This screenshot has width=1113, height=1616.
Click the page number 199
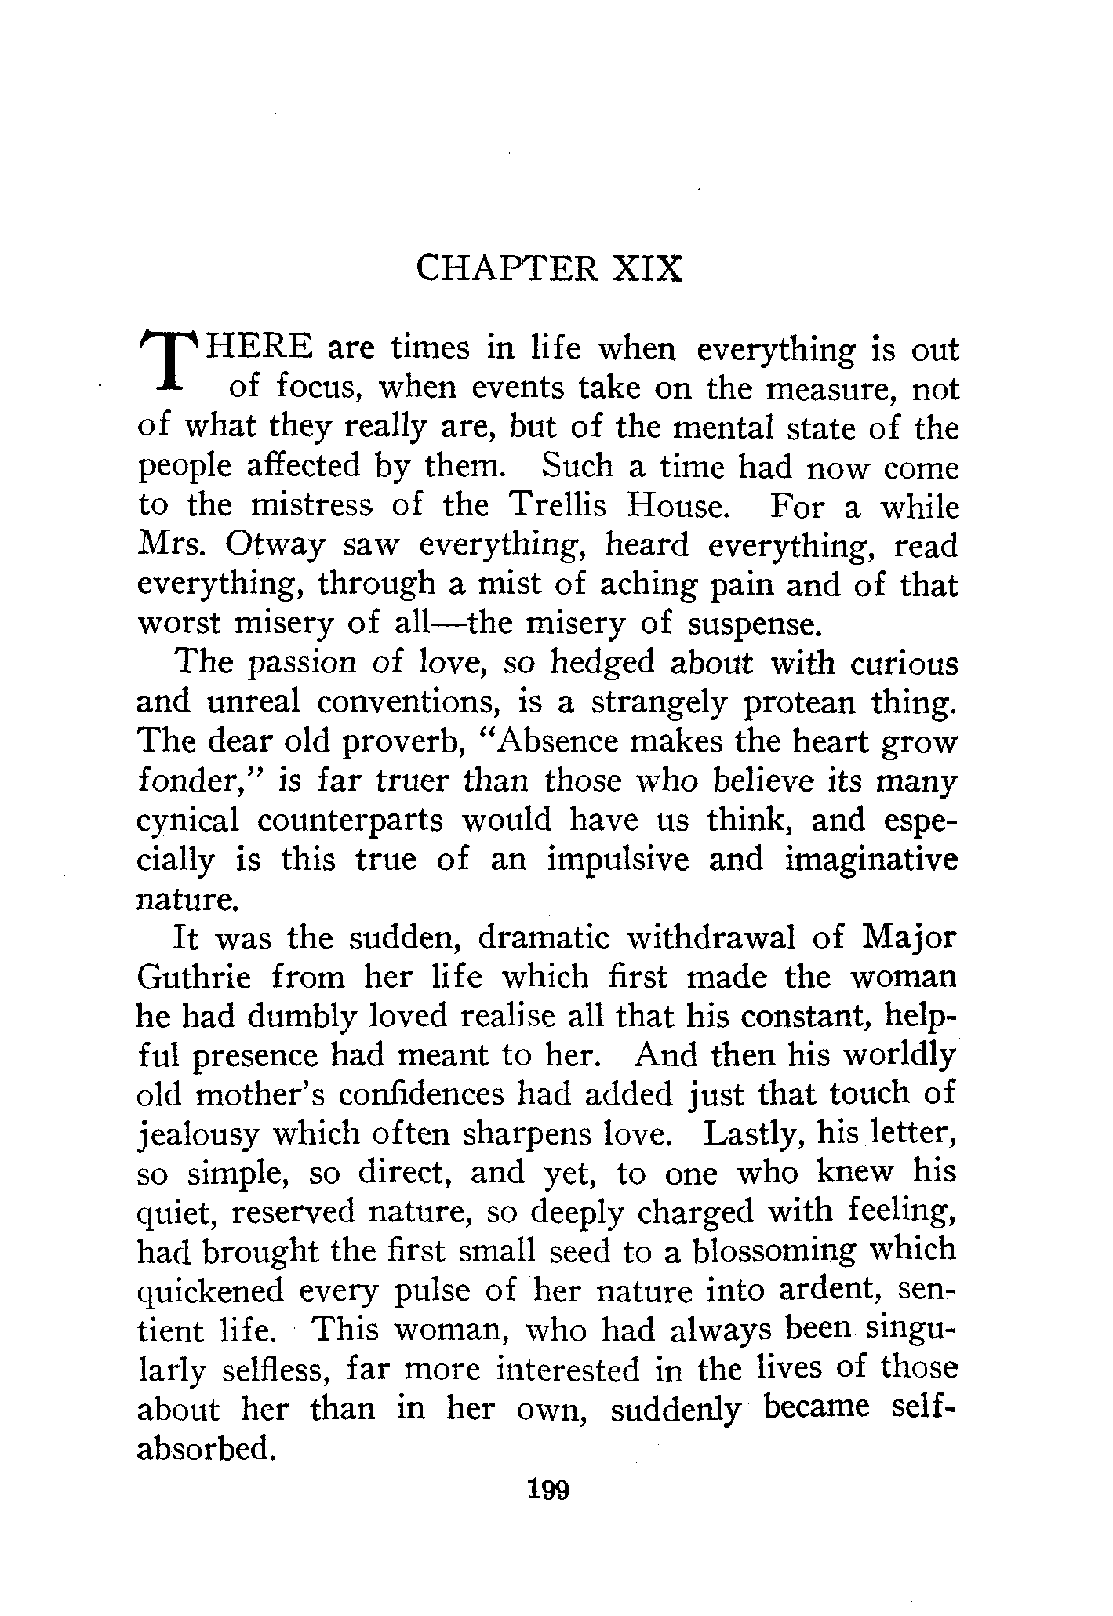point(548,1488)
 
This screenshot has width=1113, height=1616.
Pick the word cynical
point(187,821)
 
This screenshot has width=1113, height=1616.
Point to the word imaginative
point(871,860)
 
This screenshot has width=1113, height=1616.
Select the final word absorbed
point(206,1449)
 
